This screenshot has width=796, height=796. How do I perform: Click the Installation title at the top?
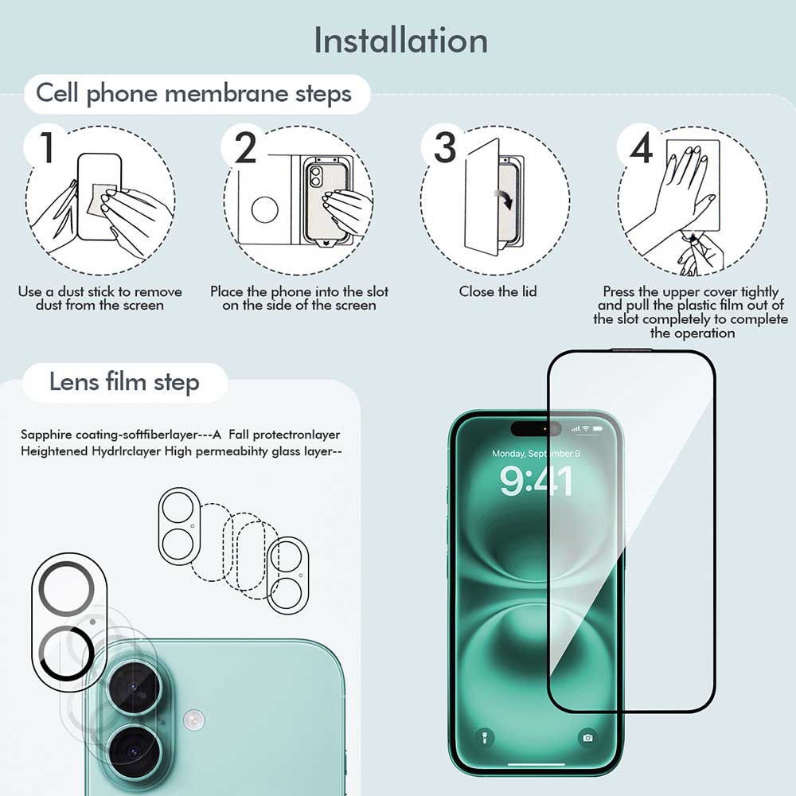tap(400, 40)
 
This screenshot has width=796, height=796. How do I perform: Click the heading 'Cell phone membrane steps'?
tap(193, 94)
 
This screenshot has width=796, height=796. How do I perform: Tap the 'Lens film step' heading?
tap(124, 382)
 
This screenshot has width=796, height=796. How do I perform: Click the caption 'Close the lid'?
tap(497, 291)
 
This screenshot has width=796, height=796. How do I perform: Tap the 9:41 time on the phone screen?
tap(537, 482)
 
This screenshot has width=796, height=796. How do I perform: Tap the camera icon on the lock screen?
tap(587, 737)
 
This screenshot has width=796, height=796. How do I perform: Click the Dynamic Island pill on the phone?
tap(537, 429)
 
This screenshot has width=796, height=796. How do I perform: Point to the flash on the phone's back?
tap(193, 720)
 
